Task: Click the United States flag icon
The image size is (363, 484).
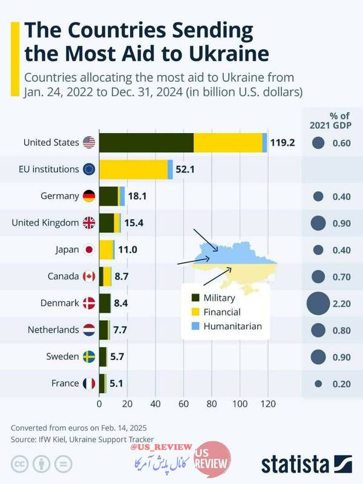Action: click(x=89, y=143)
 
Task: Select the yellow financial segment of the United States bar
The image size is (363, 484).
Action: click(x=228, y=143)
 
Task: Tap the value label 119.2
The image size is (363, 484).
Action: click(x=283, y=143)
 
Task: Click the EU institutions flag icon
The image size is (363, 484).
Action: click(x=89, y=169)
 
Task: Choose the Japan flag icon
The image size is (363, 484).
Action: click(x=89, y=249)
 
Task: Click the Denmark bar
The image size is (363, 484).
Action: click(x=105, y=302)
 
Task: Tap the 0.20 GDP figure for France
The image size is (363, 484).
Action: click(x=341, y=383)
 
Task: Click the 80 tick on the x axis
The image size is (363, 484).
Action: click(x=212, y=404)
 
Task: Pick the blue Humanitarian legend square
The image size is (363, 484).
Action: click(x=195, y=326)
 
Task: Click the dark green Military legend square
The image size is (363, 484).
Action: click(x=195, y=298)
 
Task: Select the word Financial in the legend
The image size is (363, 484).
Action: click(x=222, y=312)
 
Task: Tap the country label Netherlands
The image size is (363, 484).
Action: click(x=53, y=330)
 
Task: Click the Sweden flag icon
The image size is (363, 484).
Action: click(x=89, y=356)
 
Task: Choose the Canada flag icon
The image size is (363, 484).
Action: click(x=89, y=276)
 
